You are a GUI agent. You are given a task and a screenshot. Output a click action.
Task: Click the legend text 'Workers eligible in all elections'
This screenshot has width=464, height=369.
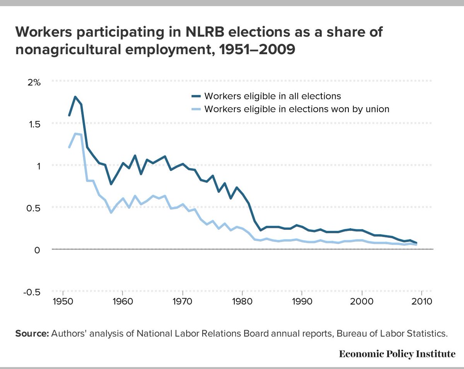(x=273, y=96)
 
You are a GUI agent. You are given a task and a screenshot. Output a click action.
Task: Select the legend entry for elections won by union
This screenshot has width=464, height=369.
(x=297, y=109)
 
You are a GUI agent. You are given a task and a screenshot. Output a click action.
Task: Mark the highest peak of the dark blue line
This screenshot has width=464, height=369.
(x=75, y=97)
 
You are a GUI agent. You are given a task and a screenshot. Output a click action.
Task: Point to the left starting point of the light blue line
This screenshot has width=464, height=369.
(x=69, y=147)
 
